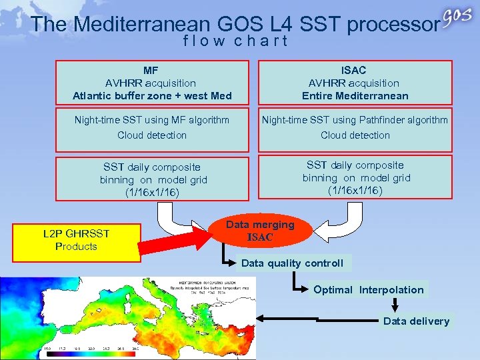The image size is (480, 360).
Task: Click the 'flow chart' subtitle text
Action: click(x=235, y=41)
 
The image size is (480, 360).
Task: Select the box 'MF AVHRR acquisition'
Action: click(x=152, y=83)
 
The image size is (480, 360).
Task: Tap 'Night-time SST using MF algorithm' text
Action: click(x=152, y=120)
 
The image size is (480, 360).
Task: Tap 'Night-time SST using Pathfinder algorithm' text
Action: click(x=355, y=120)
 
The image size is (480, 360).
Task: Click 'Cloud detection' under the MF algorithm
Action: click(x=152, y=135)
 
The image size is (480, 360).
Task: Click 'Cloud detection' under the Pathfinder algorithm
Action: click(x=355, y=135)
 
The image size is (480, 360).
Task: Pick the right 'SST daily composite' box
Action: click(x=355, y=177)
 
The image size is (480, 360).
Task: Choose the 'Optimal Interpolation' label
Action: click(x=368, y=289)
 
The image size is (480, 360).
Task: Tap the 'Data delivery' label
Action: click(x=416, y=321)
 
